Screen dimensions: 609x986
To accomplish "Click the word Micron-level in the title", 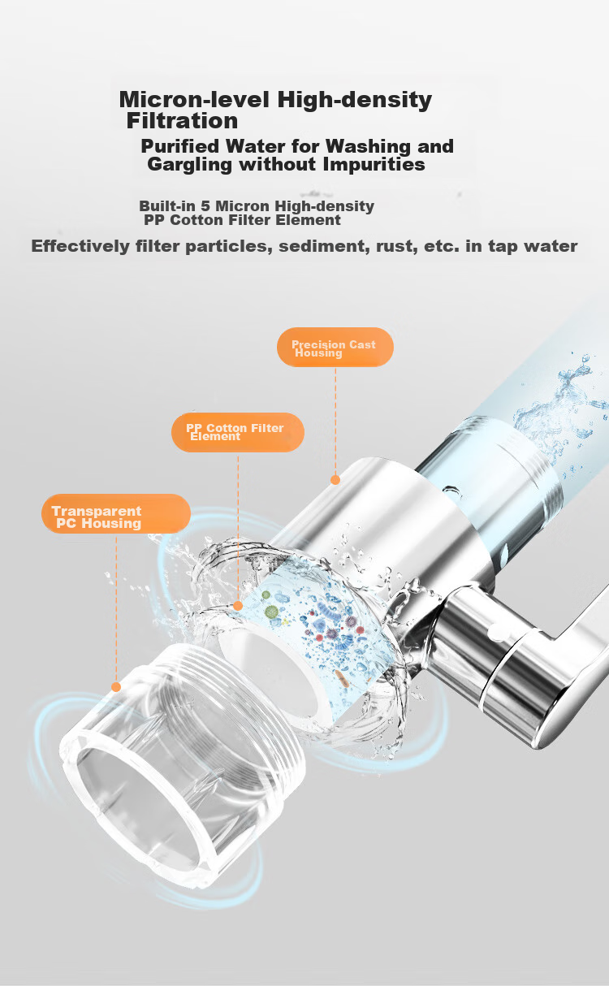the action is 194,99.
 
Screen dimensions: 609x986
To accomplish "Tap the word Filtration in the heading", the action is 182,120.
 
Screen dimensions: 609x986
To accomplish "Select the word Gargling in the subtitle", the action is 189,165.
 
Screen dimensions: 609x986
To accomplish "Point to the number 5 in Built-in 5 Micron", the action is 205,206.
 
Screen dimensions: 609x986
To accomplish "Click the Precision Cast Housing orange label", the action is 335,348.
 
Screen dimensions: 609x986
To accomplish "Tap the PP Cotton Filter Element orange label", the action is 238,432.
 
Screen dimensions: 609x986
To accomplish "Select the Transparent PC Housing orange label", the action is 116,513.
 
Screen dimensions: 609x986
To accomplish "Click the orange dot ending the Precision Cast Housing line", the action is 335,480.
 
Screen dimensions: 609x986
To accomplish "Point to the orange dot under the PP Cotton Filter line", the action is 238,606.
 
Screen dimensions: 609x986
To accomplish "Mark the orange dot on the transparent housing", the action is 116,687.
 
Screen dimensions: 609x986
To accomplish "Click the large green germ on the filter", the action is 271,611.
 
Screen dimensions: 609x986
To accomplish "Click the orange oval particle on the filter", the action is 342,678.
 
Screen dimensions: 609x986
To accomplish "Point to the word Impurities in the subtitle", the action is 374,165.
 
